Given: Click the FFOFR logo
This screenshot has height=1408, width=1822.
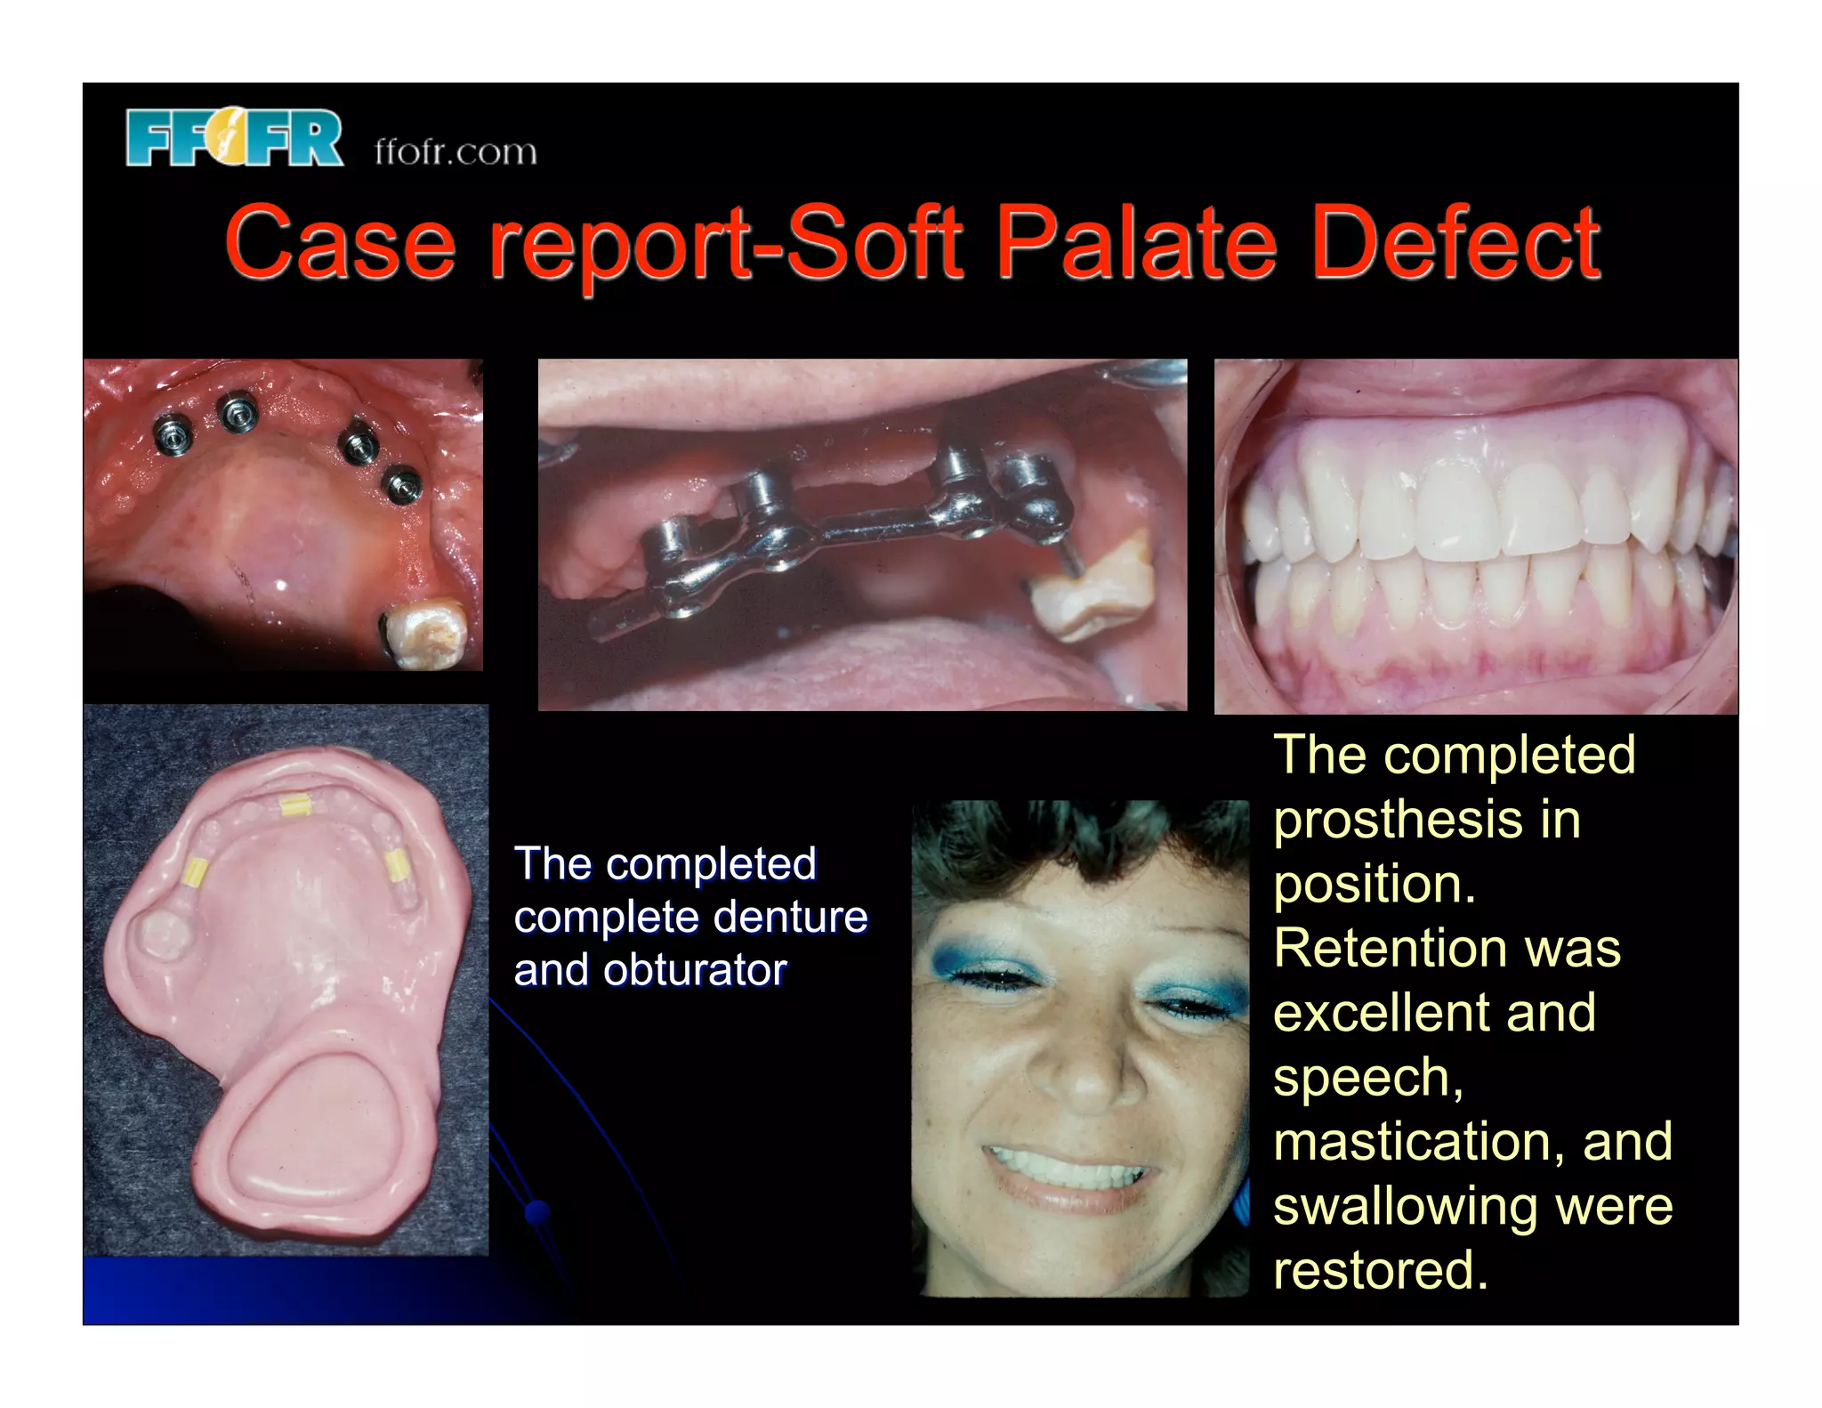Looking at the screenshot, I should [x=234, y=138].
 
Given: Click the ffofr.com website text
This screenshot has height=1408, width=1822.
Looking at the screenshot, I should [x=455, y=151].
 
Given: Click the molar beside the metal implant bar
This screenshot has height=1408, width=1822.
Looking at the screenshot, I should [x=1092, y=587].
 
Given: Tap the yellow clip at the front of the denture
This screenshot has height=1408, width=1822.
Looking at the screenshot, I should [x=294, y=806].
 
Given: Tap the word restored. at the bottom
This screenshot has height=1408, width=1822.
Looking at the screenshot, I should [x=1380, y=1270].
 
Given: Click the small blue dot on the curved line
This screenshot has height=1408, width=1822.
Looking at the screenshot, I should [x=537, y=1211].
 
